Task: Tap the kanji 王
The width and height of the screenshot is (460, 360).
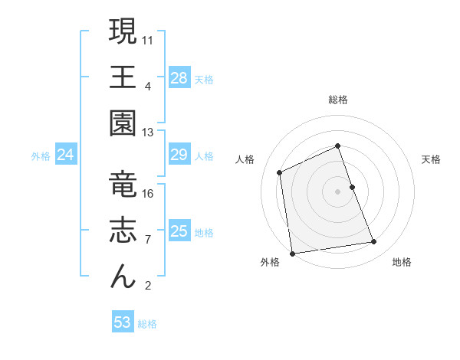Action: (x=123, y=78)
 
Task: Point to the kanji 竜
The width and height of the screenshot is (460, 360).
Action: (x=123, y=185)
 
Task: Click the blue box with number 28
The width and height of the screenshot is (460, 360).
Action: (x=179, y=77)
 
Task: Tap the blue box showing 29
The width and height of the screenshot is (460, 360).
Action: (x=179, y=155)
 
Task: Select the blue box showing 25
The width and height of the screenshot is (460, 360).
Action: (x=179, y=231)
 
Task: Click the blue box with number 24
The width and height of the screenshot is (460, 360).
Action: (x=66, y=155)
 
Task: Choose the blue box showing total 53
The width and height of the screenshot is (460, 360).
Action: (x=123, y=322)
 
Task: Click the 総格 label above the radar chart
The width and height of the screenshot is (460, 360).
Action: (x=338, y=100)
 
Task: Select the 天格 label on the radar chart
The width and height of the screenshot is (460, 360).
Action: (x=432, y=159)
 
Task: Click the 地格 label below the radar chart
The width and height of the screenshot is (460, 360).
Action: (x=402, y=262)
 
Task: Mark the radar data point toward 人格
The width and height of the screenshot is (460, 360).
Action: (x=280, y=172)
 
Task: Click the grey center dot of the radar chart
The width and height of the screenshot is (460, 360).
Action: (x=338, y=191)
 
